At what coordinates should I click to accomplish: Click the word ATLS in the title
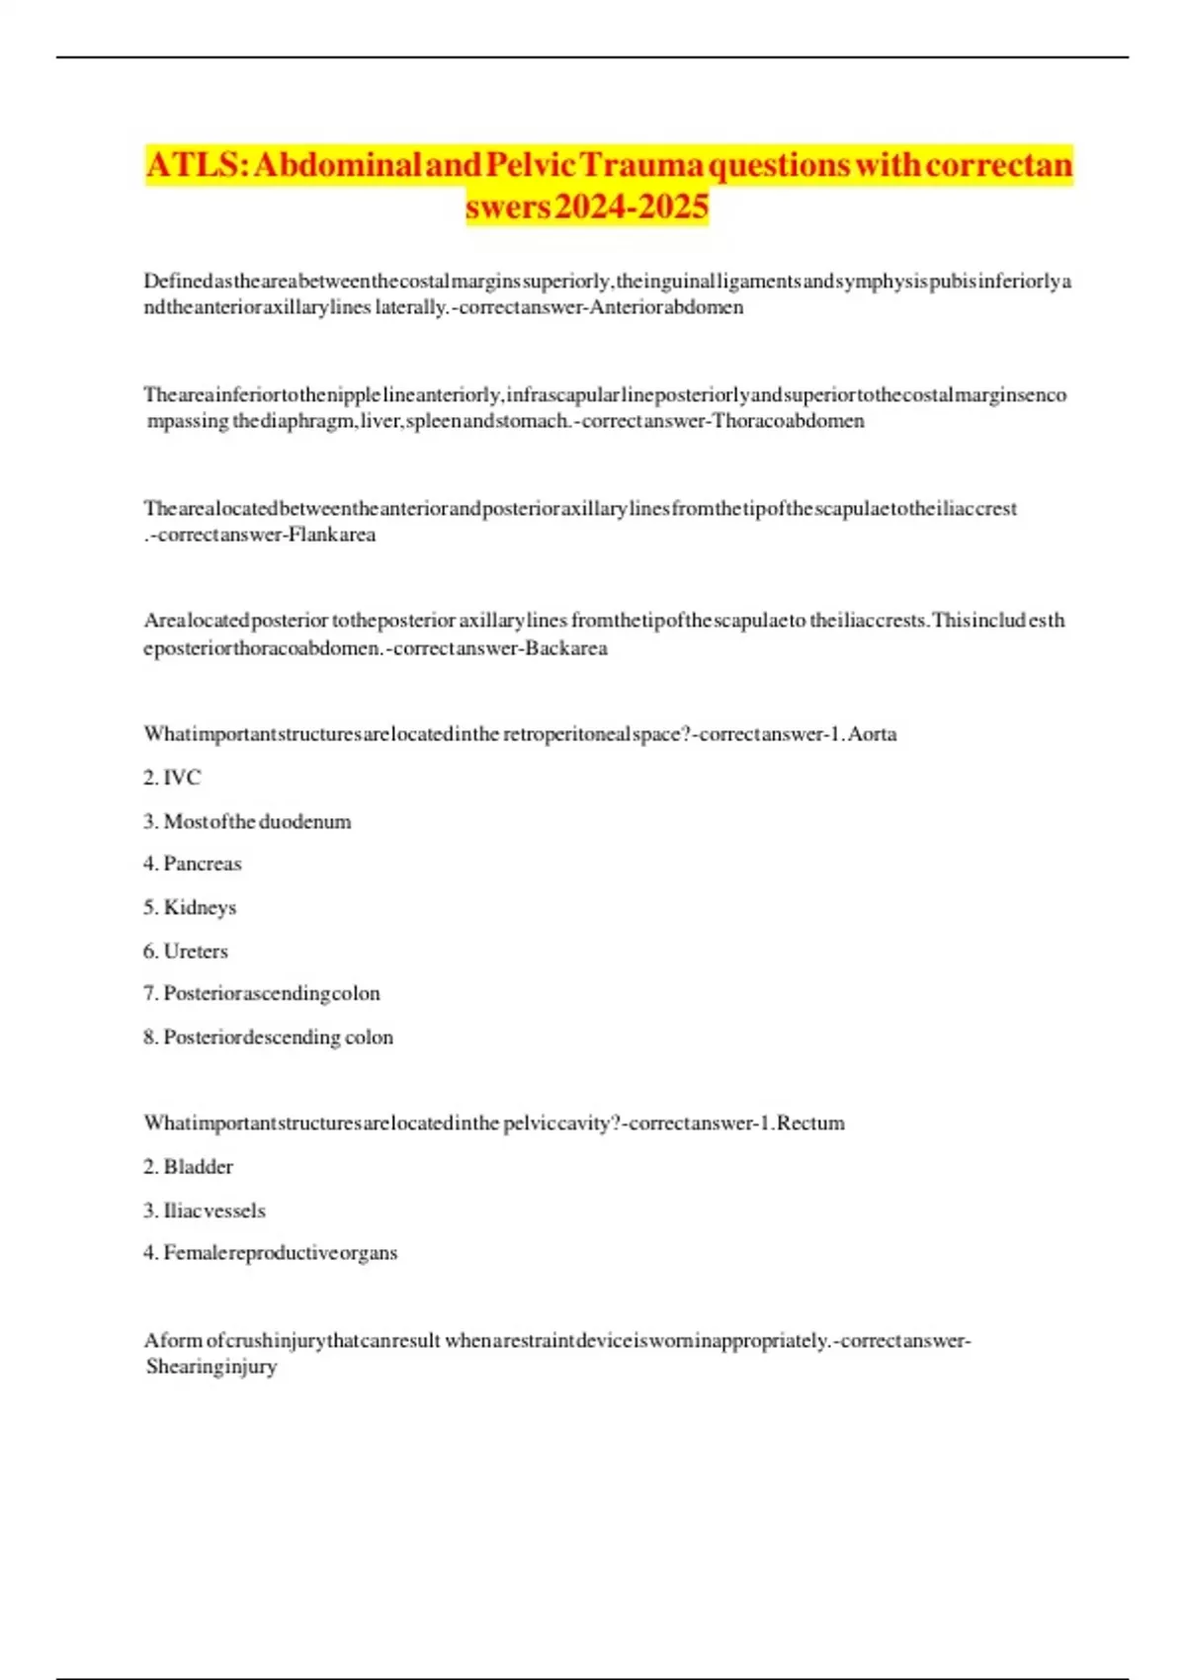193,165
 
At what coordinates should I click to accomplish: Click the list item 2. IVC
172,778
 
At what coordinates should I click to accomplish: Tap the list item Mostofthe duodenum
257,821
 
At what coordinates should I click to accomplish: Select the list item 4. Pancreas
193,864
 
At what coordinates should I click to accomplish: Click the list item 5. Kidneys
190,907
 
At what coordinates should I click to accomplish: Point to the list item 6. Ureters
186,951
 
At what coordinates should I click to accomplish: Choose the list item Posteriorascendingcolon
272,993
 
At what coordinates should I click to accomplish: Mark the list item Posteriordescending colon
278,1037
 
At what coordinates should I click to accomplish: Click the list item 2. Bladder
189,1166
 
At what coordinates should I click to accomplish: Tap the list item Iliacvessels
214,1210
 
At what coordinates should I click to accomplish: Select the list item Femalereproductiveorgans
280,1252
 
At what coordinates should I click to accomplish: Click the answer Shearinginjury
212,1367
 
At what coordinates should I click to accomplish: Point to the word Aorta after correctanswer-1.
872,734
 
